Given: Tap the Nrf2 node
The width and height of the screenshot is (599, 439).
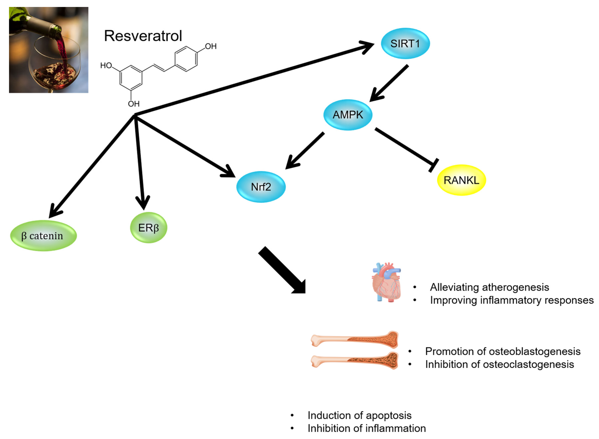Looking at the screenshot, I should (x=261, y=187).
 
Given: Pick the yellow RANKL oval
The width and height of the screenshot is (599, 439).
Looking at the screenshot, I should (x=461, y=180).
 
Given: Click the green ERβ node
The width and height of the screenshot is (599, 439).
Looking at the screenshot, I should (x=148, y=227).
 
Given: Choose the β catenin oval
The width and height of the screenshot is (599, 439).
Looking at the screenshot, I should (x=43, y=236).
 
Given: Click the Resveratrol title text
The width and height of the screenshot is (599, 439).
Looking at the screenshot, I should (x=143, y=36).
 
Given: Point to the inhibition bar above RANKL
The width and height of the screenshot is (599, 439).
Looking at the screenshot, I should (x=434, y=165).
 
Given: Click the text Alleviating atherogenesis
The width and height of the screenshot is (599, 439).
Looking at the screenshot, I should (x=489, y=287).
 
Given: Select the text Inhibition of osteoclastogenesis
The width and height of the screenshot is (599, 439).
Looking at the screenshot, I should (x=499, y=364).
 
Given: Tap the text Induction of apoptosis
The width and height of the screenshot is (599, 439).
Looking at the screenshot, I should (x=359, y=415).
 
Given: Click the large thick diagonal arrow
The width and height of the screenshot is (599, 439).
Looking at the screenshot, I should (x=282, y=270).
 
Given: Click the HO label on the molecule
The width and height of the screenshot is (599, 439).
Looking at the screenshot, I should (x=106, y=65).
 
